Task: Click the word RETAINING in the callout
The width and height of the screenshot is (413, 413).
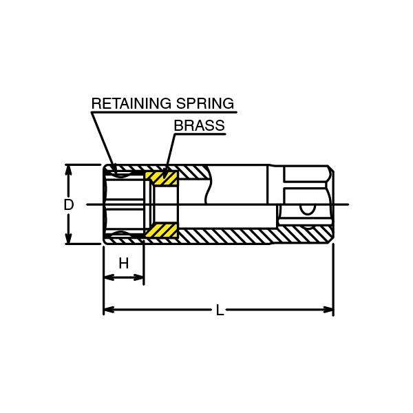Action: point(130,104)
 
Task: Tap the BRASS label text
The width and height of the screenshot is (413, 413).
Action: point(199,126)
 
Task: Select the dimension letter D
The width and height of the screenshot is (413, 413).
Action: point(68,204)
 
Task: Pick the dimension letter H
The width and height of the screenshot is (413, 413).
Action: point(124,263)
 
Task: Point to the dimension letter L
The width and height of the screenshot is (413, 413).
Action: point(220,310)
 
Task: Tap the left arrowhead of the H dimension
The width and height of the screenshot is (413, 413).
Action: point(107,278)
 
